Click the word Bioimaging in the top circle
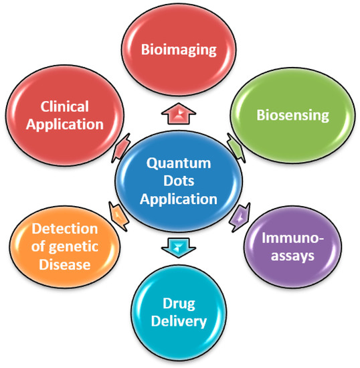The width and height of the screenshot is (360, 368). (180, 49)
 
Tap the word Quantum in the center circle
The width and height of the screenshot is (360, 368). (179, 163)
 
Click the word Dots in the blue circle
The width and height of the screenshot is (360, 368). (179, 181)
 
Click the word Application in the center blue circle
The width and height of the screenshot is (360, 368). (179, 199)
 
